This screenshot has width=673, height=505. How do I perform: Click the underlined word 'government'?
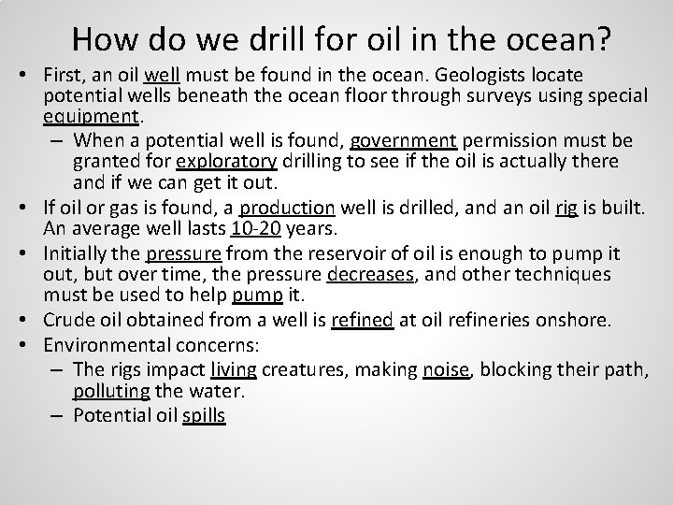pyautogui.click(x=403, y=141)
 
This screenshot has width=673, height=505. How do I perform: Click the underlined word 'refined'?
pyautogui.click(x=362, y=322)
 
